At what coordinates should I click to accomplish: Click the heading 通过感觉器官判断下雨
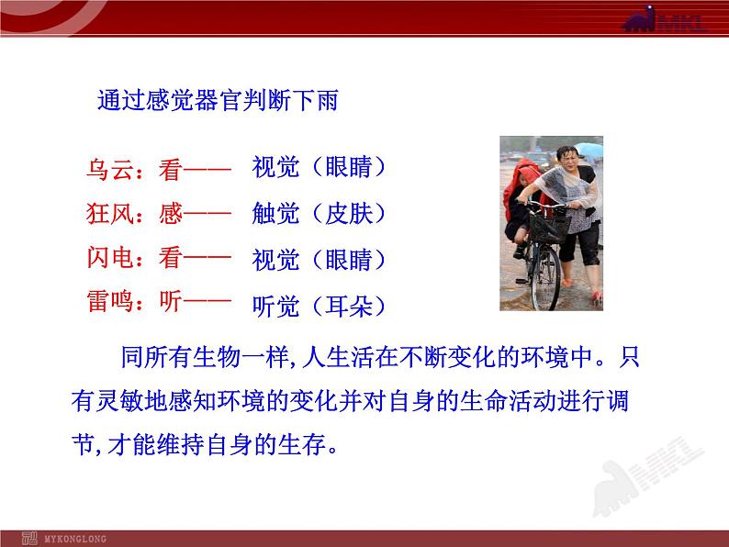[x=218, y=100]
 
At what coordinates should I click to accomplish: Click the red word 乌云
[x=110, y=169]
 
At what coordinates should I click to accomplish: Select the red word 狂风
[x=110, y=214]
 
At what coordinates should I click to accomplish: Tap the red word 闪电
[x=110, y=258]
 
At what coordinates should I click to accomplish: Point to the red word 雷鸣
[x=110, y=301]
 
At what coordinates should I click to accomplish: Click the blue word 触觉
[x=275, y=214]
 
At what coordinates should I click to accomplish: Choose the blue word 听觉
[x=275, y=307]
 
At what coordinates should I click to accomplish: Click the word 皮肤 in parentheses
[x=349, y=214]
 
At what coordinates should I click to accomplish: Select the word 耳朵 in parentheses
[x=349, y=307]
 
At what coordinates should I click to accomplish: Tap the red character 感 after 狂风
[x=170, y=214]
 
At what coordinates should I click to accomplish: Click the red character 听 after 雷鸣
[x=170, y=301]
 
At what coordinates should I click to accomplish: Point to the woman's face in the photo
[x=569, y=160]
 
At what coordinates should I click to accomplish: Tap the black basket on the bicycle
[x=550, y=228]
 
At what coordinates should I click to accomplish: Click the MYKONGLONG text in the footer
[x=75, y=539]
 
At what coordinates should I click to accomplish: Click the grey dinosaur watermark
[x=646, y=476]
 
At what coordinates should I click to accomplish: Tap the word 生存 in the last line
[x=302, y=445]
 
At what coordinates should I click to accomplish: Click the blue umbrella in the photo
[x=589, y=150]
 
